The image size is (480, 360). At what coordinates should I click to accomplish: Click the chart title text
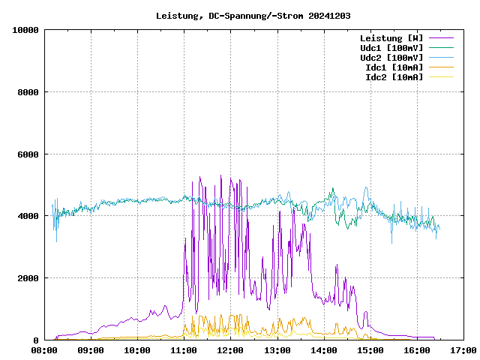pos(253,15)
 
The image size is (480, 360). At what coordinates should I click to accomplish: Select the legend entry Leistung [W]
pos(391,37)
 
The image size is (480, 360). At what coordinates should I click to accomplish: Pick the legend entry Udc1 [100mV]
pos(391,47)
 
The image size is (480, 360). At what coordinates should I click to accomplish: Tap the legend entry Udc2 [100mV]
pos(391,57)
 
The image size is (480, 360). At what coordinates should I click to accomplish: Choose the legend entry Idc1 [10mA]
pos(394,67)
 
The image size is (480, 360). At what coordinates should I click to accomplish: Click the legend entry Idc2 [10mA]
pos(394,76)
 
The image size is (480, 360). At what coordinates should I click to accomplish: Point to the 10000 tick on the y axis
pos(25,30)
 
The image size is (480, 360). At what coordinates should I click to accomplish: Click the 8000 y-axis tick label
pos(28,92)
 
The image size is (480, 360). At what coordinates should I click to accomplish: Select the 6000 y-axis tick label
pos(28,154)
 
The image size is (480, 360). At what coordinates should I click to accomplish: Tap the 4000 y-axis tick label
pos(28,216)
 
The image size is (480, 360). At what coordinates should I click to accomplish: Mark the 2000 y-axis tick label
pos(28,278)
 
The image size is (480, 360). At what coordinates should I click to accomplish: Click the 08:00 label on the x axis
pos(44,350)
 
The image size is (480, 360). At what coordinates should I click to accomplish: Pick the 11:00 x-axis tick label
pos(184,350)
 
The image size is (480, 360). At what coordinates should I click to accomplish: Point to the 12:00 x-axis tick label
pos(230,350)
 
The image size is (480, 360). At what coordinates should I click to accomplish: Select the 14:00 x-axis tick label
pos(323,350)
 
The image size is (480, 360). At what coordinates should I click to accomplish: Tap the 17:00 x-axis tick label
pos(463,350)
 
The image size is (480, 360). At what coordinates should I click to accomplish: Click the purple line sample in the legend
pos(441,37)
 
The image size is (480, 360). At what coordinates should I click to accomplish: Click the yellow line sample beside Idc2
pos(441,76)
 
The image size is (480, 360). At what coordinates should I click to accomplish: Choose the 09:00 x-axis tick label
pos(91,350)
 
